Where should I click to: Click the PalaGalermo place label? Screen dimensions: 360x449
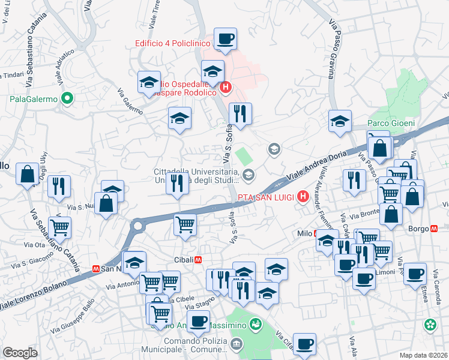click(33, 98)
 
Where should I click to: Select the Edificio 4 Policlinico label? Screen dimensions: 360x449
click(172, 43)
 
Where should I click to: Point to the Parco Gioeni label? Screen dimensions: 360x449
click(391, 123)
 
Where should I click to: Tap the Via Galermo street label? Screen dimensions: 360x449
click(130, 102)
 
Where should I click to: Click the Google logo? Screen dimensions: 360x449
click(20, 353)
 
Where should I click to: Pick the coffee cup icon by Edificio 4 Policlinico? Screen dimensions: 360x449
click(226, 39)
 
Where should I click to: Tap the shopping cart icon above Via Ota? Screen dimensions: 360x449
click(60, 227)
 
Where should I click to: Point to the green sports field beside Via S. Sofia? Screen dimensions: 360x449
click(243, 157)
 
